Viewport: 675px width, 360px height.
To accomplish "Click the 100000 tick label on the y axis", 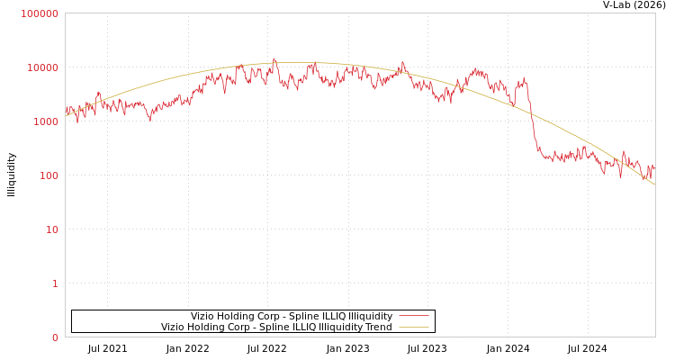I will tap(40, 13).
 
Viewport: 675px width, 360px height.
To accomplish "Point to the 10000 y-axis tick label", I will tap(43, 67).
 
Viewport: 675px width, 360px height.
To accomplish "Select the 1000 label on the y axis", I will tap(46, 121).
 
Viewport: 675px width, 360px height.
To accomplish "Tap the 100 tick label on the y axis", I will tap(49, 175).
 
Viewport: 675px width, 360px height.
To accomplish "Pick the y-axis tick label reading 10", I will tap(51, 229).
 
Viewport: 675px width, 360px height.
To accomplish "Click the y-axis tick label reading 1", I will tap(55, 283).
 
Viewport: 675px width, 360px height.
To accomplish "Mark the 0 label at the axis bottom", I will tap(55, 337).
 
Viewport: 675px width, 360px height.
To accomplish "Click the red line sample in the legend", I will tap(413, 317).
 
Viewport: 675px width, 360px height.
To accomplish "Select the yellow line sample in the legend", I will tap(413, 328).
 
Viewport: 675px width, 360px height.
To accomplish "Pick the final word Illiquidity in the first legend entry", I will tap(370, 317).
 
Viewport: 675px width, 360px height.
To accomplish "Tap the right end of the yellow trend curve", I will tap(654, 184).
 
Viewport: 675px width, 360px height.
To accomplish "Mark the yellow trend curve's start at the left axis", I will tap(66, 115).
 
